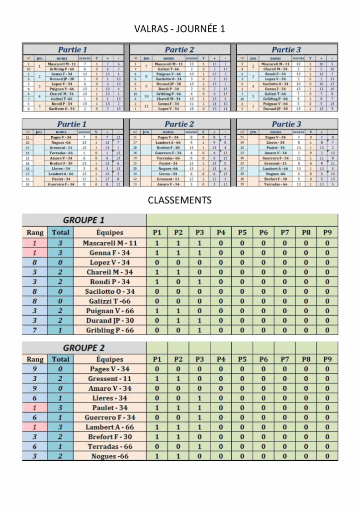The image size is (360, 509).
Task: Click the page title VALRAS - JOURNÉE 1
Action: tap(180, 29)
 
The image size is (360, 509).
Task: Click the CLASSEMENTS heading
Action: tap(180, 200)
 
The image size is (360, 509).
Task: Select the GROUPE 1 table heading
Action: tap(84, 220)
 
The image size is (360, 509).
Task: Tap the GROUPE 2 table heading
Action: tap(84, 348)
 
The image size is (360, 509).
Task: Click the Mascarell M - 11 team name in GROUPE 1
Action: tap(110, 243)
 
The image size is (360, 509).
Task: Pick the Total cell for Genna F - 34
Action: tap(61, 253)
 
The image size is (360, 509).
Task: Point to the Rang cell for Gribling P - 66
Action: tap(35, 331)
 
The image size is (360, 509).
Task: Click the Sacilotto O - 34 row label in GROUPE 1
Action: tap(110, 292)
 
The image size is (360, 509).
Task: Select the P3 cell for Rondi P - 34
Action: tap(199, 282)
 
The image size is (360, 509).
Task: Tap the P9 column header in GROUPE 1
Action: tap(327, 232)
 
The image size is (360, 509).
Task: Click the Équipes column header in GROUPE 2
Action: tap(110, 359)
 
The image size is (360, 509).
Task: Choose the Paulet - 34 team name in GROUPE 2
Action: tap(110, 408)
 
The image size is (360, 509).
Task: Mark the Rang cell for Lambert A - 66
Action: tap(35, 427)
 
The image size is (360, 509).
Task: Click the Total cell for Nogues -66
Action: tap(61, 456)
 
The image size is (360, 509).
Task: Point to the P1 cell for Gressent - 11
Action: tap(157, 379)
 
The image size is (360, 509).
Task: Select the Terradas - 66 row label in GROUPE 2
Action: tap(110, 447)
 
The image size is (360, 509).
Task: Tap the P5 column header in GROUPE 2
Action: tap(242, 359)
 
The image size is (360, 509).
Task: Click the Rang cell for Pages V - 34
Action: tap(35, 369)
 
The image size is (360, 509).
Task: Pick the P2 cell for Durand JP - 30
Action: tap(179, 321)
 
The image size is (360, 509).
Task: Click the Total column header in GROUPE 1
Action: tap(61, 232)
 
